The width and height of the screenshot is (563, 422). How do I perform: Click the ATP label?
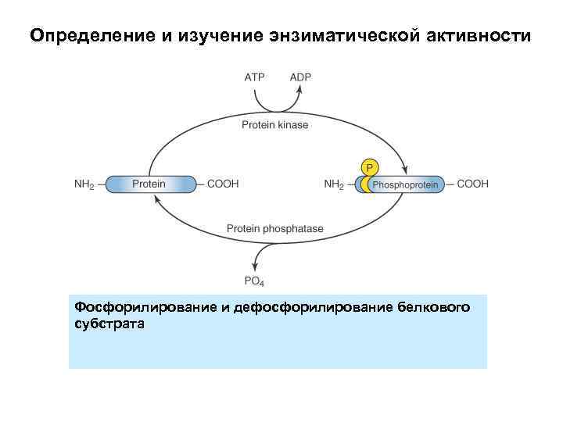pyautogui.click(x=255, y=77)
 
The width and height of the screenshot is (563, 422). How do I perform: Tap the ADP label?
pyautogui.click(x=300, y=77)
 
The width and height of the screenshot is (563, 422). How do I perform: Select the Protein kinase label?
pyautogui.click(x=274, y=125)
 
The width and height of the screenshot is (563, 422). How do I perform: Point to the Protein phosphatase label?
pyautogui.click(x=275, y=229)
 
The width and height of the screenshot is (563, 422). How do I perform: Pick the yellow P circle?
pyautogui.click(x=369, y=166)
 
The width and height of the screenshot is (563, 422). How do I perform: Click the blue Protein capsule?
pyautogui.click(x=149, y=184)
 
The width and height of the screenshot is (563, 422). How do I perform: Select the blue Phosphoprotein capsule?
pyautogui.click(x=404, y=184)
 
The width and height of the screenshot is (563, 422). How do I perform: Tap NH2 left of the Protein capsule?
pyautogui.click(x=84, y=184)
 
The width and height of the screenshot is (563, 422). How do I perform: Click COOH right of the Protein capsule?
pyautogui.click(x=223, y=184)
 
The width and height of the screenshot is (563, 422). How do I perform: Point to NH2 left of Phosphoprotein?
pyautogui.click(x=334, y=185)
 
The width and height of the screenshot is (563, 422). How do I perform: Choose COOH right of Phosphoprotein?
pyautogui.click(x=472, y=184)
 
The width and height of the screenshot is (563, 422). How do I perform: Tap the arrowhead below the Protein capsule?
pyautogui.click(x=156, y=199)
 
